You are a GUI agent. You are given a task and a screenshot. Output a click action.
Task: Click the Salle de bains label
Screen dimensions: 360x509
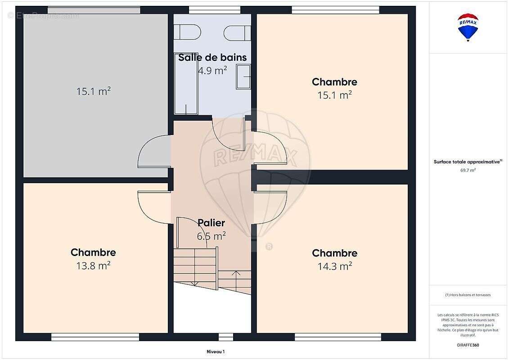(x=212, y=58)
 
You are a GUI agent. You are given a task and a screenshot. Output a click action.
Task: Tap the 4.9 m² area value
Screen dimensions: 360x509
(x=212, y=70)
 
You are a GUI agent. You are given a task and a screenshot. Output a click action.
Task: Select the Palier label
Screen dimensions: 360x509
(x=212, y=223)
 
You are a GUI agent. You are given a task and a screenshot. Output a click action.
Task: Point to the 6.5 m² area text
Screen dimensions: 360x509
(x=212, y=235)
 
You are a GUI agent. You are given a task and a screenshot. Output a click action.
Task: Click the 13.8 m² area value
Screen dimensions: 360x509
(x=93, y=265)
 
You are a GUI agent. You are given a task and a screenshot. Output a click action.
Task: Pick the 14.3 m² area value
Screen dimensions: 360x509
(x=334, y=266)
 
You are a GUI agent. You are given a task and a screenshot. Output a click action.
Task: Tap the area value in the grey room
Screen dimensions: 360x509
(x=93, y=91)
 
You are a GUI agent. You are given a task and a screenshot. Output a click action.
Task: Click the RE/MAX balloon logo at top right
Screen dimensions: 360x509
(x=468, y=27)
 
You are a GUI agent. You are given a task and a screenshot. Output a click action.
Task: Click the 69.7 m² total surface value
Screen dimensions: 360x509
(x=468, y=170)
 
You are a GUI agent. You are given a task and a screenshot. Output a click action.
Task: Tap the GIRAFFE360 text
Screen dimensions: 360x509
(x=468, y=345)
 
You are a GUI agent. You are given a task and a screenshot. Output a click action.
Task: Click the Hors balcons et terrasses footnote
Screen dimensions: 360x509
(x=468, y=295)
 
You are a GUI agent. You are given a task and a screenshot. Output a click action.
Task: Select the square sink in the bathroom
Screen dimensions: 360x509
(x=243, y=77)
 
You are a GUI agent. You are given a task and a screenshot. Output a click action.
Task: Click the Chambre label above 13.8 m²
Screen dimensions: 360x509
(x=93, y=252)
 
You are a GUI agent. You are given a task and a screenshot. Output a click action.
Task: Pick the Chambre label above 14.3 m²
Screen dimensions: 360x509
(x=334, y=253)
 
